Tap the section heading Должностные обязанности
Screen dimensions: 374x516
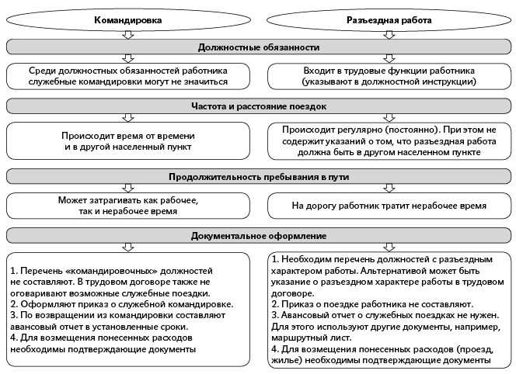pos(258,47)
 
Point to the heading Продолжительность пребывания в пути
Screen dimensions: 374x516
pos(258,177)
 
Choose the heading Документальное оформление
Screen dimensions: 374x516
pos(258,234)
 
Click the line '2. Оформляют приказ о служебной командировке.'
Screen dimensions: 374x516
pos(113,306)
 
